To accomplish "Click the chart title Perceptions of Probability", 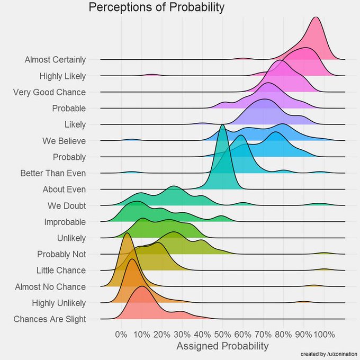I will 156,8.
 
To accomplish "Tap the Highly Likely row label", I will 62,76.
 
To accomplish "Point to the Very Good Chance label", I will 49,92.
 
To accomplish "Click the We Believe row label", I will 64,141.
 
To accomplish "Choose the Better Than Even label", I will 53,173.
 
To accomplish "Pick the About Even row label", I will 64,189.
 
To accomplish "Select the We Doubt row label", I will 66,205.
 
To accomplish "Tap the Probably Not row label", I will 61,254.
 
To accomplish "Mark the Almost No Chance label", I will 55,286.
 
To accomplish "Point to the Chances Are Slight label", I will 50,319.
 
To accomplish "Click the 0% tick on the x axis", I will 121,334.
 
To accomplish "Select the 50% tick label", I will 222,334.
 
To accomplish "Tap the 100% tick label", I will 324,334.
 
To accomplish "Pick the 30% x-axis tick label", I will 182,334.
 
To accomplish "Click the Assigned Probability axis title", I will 222,346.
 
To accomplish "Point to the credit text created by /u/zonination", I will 328,354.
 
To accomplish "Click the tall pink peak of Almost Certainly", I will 316,19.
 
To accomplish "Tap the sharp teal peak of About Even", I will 222,126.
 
